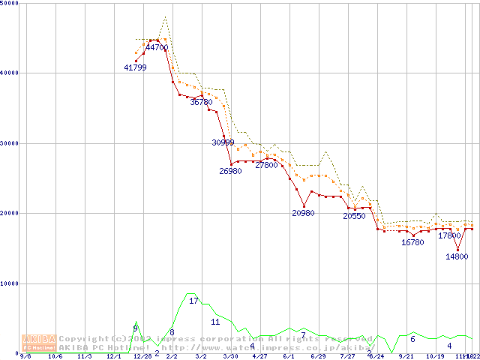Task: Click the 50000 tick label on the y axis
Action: (x=10, y=4)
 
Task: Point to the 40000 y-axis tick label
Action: (x=10, y=73)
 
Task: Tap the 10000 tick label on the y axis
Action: (x=10, y=283)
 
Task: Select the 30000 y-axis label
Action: (x=10, y=142)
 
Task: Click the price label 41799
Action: (x=135, y=67)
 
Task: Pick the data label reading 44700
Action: (x=157, y=47)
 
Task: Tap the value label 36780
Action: (x=201, y=102)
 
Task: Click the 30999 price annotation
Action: (x=223, y=142)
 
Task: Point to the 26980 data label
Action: (x=230, y=171)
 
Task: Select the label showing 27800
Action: (x=266, y=165)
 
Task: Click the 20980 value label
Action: (x=303, y=213)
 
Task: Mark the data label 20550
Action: (x=354, y=216)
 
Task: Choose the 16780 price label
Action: (x=412, y=242)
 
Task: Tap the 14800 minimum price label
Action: (x=457, y=256)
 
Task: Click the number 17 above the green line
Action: (x=193, y=301)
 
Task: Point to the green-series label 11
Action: (x=215, y=322)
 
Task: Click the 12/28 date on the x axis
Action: (x=142, y=356)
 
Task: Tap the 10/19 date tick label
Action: (x=435, y=356)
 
